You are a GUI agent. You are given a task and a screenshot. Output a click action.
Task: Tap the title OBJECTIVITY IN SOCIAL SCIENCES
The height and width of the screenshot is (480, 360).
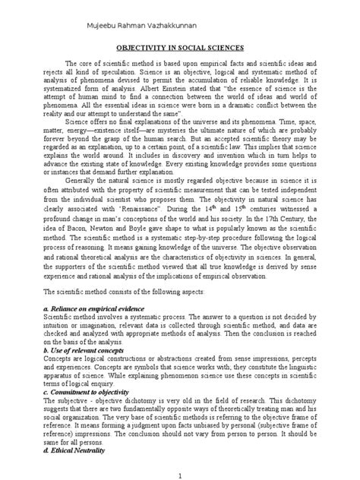[179, 47]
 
